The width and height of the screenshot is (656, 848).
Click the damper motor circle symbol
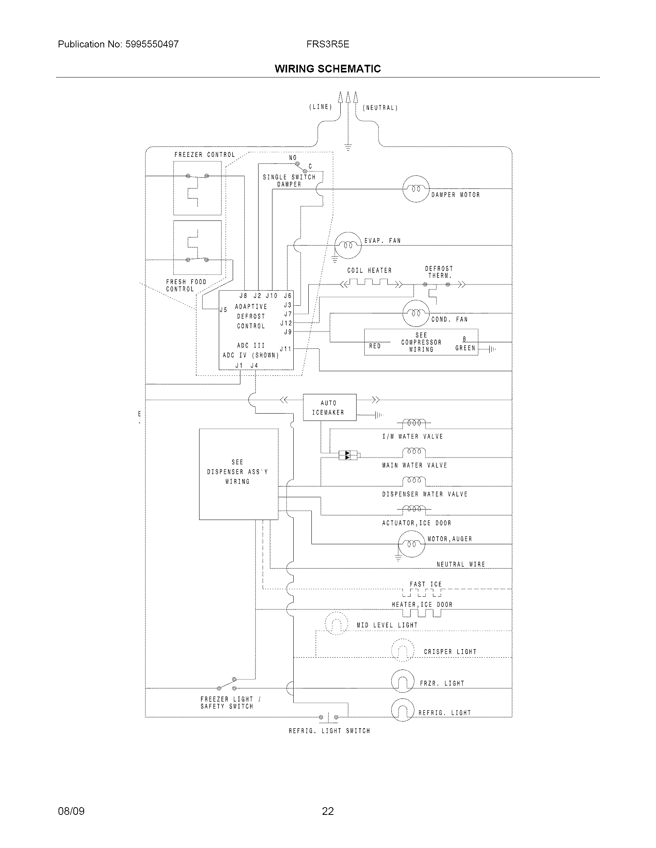[416, 189]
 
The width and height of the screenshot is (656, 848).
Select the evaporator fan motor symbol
[348, 246]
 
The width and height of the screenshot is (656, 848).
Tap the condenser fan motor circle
[416, 313]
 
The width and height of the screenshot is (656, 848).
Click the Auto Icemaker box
[329, 407]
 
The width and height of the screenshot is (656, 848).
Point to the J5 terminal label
[223, 310]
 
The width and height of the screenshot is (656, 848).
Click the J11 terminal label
[286, 349]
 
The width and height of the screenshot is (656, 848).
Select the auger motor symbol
[412, 543]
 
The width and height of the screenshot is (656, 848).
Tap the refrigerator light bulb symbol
[402, 710]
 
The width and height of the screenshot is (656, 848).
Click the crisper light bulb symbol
[402, 650]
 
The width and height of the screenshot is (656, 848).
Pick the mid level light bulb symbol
[336, 624]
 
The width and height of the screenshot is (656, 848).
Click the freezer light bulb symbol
[402, 681]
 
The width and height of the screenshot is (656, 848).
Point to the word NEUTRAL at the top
[380, 108]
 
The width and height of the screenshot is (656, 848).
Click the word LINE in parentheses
[321, 107]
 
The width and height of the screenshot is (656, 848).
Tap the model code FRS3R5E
[328, 44]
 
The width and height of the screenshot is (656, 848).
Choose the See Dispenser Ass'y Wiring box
[238, 474]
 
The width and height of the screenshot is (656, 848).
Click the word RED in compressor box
[375, 346]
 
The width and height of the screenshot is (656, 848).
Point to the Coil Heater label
[369, 270]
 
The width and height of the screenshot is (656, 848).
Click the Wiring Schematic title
[328, 69]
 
